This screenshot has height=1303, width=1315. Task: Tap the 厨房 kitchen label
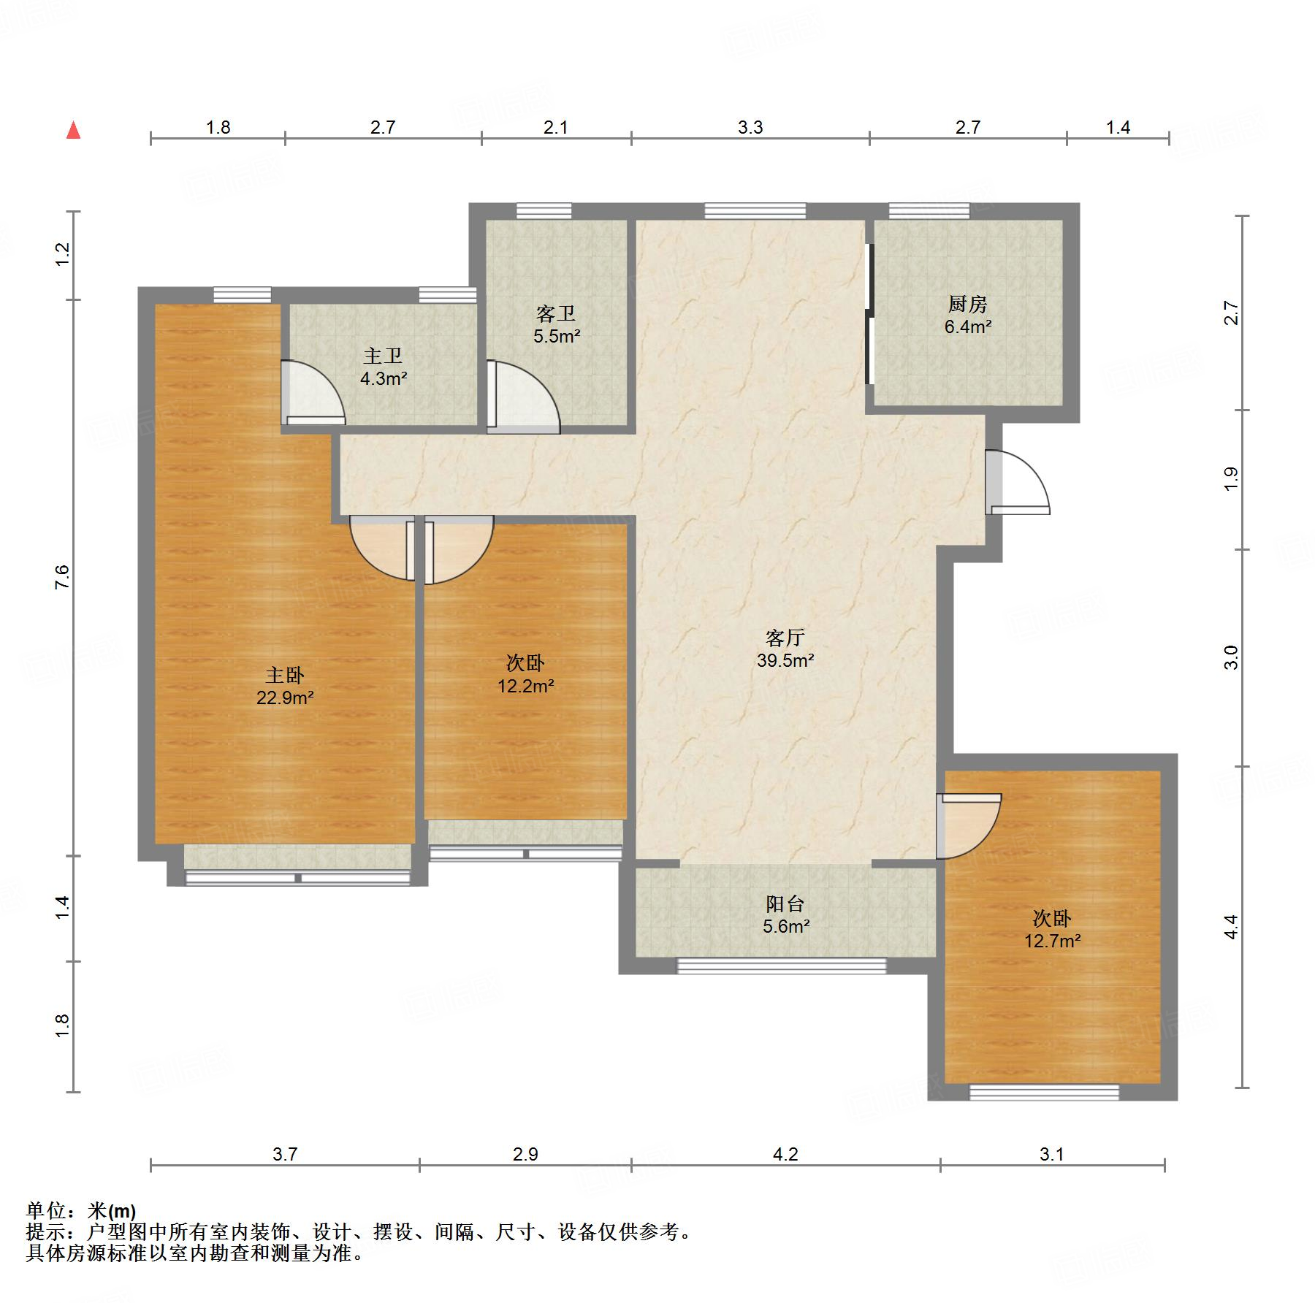coord(967,304)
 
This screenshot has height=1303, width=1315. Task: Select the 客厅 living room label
coord(785,638)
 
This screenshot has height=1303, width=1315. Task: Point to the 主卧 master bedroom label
coord(285,675)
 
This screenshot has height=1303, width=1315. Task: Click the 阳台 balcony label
coord(785,903)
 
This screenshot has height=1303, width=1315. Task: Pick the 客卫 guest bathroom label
coord(556,313)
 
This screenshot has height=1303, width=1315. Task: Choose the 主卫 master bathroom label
coord(383,356)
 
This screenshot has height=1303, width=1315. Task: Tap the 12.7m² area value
coord(1052,941)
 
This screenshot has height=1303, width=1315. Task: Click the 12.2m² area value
coord(525,686)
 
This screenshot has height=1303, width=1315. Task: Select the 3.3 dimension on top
coord(750,128)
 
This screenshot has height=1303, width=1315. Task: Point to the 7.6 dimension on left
coord(62,577)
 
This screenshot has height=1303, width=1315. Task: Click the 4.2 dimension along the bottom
coord(785,1154)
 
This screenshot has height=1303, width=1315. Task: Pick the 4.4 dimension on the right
coord(1232,927)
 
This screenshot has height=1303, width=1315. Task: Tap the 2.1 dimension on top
coord(556,128)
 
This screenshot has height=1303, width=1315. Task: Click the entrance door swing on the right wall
coord(1018,482)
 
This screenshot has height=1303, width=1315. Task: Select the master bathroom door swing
coord(313,393)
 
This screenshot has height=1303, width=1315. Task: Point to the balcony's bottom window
coord(782,966)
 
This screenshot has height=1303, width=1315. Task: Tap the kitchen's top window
coord(929,211)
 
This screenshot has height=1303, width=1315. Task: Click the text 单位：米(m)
coord(80,1211)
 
